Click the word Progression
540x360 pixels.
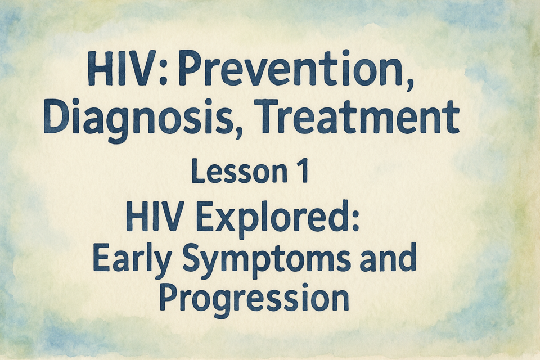point(254,299)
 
